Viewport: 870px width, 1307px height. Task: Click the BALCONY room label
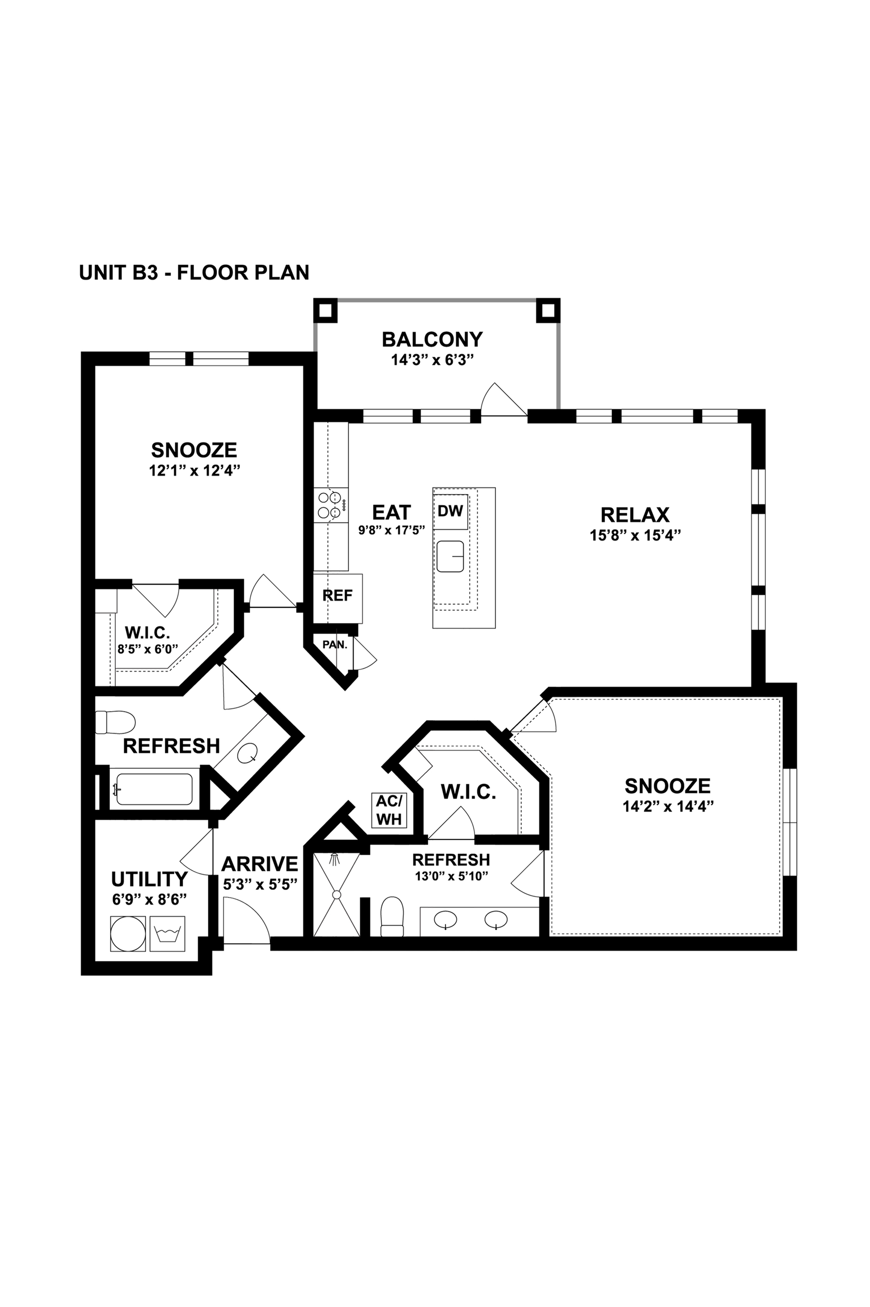[x=432, y=339]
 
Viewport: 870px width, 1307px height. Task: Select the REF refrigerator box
[x=338, y=599]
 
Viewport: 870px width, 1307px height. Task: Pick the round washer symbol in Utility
[x=128, y=933]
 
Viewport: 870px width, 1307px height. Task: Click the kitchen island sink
[x=450, y=556]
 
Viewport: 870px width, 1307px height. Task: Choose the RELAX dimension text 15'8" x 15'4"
[x=635, y=535]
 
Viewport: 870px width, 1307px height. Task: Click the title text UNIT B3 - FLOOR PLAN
[x=194, y=273]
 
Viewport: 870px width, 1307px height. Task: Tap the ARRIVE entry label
[x=260, y=864]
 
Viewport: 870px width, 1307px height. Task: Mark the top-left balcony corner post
[x=326, y=311]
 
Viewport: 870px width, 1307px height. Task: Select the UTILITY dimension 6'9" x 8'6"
[x=149, y=899]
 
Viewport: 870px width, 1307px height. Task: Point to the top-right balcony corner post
[x=548, y=311]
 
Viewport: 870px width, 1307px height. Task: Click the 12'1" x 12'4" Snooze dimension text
[x=194, y=471]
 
